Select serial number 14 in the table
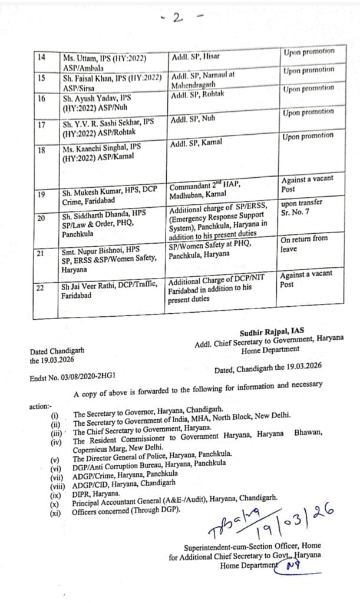pos(41,58)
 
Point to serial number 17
pos(41,124)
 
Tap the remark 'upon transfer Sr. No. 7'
pos(302,208)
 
